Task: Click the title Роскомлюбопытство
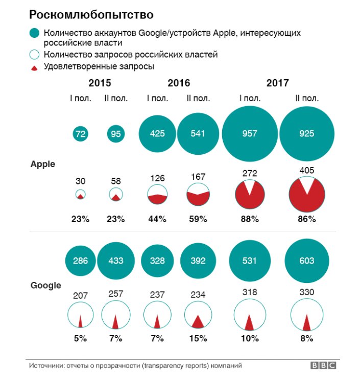coord(84,13)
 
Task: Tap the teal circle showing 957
coord(250,134)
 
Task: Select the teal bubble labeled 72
coord(81,134)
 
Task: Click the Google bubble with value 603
coord(307,260)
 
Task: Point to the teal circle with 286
coord(81,260)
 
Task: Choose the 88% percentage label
coord(250,219)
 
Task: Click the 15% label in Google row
coord(198,338)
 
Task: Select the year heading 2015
coord(100,83)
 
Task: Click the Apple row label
coord(43,164)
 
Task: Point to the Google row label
coord(45,286)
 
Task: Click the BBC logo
coord(323,366)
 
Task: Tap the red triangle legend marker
coord(35,67)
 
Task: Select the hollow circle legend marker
coord(35,55)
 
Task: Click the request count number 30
coord(81,181)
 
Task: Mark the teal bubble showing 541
coord(198,134)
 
